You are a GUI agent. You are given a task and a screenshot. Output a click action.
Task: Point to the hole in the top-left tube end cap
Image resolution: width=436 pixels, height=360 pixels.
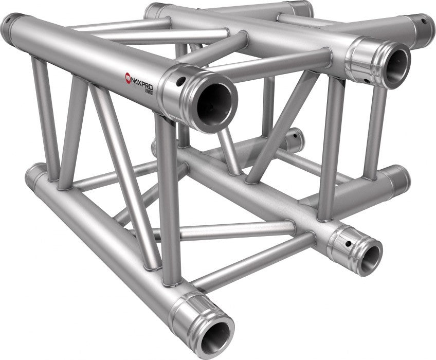(7, 23)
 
